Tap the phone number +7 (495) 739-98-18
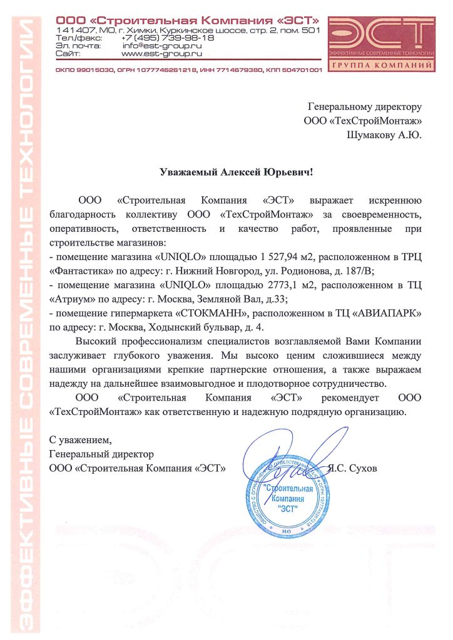coord(168,37)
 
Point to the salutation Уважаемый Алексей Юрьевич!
coord(227,171)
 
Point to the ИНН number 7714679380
coord(246,69)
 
